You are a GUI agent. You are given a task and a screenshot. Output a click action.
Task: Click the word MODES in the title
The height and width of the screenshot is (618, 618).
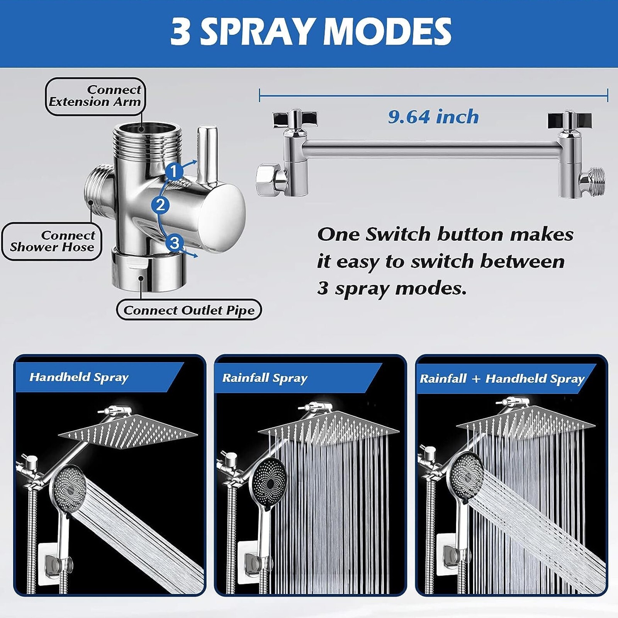[x=387, y=32]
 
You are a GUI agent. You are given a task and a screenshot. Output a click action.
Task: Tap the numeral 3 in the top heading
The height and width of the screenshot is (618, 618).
[x=180, y=32]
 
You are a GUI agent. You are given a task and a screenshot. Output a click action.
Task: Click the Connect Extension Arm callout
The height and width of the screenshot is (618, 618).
[x=95, y=96]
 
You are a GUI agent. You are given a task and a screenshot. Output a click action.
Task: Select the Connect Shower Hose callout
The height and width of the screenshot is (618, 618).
[x=52, y=241]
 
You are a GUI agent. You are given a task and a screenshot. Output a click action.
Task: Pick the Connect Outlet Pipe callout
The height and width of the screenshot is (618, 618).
[x=189, y=310]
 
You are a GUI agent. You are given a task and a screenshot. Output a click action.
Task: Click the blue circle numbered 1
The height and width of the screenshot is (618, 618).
[x=174, y=171]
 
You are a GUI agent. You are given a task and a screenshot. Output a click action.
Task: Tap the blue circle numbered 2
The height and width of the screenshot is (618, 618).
[x=160, y=205]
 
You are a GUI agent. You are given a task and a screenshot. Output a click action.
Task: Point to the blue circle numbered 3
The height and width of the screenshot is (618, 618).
[x=175, y=243]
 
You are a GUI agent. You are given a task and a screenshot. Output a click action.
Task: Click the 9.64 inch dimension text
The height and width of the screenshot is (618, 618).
[x=433, y=117]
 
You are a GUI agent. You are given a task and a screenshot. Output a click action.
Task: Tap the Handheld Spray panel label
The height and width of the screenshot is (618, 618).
[x=79, y=377]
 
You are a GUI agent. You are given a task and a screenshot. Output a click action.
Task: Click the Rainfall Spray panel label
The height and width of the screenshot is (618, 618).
[x=265, y=378]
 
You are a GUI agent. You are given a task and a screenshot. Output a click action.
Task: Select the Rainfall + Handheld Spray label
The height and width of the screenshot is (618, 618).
[x=502, y=379]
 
